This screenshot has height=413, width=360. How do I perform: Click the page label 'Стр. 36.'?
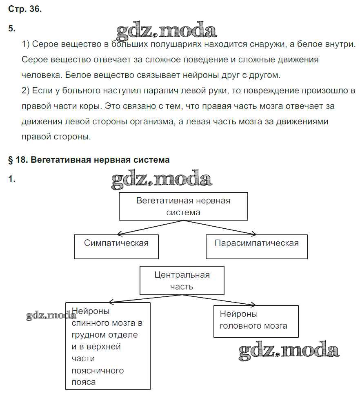(24, 9)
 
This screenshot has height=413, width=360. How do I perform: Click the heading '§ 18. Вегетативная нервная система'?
(89, 160)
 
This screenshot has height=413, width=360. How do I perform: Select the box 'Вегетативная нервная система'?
(183, 206)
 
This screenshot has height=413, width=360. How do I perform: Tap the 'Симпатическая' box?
(116, 246)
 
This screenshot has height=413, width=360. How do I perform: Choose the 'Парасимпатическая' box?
(256, 246)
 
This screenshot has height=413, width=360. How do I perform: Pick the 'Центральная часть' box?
(182, 280)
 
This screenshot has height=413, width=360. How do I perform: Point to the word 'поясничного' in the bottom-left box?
(98, 371)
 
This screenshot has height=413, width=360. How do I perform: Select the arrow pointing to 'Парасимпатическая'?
(220, 227)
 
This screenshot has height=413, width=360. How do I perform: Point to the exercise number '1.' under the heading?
(12, 179)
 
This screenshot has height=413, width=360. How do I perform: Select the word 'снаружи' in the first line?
(293, 44)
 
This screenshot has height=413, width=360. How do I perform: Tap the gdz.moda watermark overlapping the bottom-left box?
(51, 316)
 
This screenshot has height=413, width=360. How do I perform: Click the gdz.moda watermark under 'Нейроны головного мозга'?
(289, 351)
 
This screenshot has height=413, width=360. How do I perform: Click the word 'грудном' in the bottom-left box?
(87, 335)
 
